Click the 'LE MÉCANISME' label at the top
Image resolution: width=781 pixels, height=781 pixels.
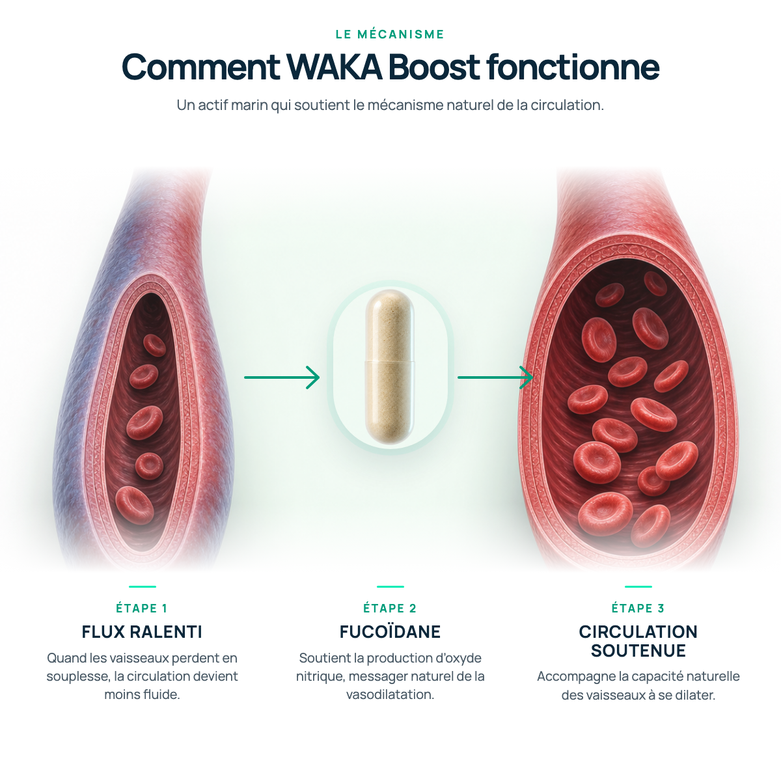pos(390,34)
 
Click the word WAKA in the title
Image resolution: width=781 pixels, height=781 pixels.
pos(335,66)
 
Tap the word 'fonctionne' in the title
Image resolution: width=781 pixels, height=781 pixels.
pos(573,66)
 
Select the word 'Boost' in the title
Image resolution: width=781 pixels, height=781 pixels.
pos(434,66)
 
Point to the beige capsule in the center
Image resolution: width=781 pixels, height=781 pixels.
pos(390,367)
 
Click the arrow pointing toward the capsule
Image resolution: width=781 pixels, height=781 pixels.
pos(282,377)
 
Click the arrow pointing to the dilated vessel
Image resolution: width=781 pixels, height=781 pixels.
pos(495,377)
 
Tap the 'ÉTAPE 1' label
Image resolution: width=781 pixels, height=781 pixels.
pos(142,609)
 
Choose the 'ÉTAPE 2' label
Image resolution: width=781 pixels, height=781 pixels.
pos(390,609)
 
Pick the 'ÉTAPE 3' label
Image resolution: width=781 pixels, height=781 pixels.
pos(638,609)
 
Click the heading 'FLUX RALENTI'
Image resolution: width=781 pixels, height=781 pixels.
pos(142,632)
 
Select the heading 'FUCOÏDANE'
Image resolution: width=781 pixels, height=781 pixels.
pos(390,631)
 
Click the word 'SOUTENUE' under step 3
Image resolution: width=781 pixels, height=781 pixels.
pos(638,651)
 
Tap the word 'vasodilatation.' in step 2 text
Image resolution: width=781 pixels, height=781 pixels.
pos(390,694)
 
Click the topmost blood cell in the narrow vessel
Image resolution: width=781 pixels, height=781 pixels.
pos(154,346)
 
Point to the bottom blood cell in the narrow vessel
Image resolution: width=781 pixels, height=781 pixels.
pos(135,506)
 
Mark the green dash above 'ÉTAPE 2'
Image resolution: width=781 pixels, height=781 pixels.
pos(390,586)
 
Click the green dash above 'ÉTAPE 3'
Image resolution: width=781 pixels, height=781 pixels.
pos(638,586)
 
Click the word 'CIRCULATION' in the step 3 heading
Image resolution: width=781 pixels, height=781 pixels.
pos(638,632)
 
